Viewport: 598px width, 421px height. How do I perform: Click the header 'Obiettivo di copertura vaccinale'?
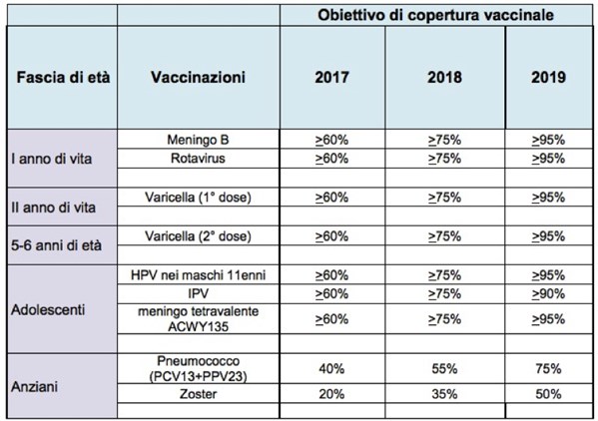[435, 15]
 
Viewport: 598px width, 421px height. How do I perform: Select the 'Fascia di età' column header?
[63, 78]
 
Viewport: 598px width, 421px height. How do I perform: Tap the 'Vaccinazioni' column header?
[198, 78]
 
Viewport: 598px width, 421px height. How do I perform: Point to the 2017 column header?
[331, 78]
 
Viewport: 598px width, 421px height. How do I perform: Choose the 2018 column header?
[444, 78]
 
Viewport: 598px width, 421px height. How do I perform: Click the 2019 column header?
[548, 78]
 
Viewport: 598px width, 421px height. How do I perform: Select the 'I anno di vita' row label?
[52, 159]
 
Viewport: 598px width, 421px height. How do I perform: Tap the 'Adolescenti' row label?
[48, 309]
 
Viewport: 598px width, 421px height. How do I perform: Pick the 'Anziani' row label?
[34, 387]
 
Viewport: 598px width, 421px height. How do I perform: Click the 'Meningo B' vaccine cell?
[198, 140]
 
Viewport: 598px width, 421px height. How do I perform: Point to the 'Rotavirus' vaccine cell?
[198, 158]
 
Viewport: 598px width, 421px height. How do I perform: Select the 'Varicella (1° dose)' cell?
[198, 198]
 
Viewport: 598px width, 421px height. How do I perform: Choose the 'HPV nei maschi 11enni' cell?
[198, 275]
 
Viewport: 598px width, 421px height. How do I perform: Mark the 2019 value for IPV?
[548, 293]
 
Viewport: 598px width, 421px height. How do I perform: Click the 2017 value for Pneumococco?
[331, 369]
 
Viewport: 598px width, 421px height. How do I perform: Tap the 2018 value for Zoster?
[444, 394]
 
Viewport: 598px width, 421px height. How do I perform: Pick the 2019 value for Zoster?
[548, 394]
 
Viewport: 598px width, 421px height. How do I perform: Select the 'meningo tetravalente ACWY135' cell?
[198, 319]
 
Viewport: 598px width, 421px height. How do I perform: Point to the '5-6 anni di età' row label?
[56, 245]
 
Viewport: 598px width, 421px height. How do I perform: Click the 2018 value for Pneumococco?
[444, 369]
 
